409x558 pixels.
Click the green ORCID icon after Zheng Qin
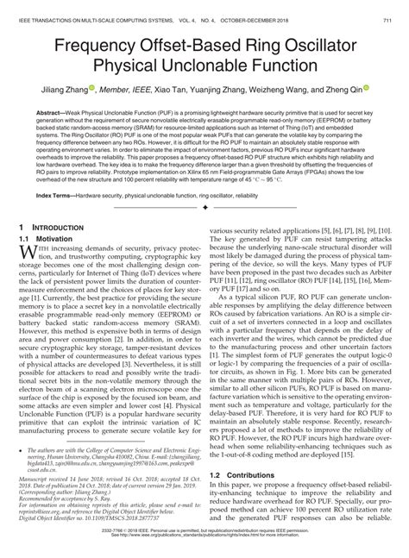click(x=366, y=88)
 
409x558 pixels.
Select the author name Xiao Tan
click(x=178, y=89)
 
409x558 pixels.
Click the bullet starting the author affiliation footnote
click(x=21, y=449)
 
